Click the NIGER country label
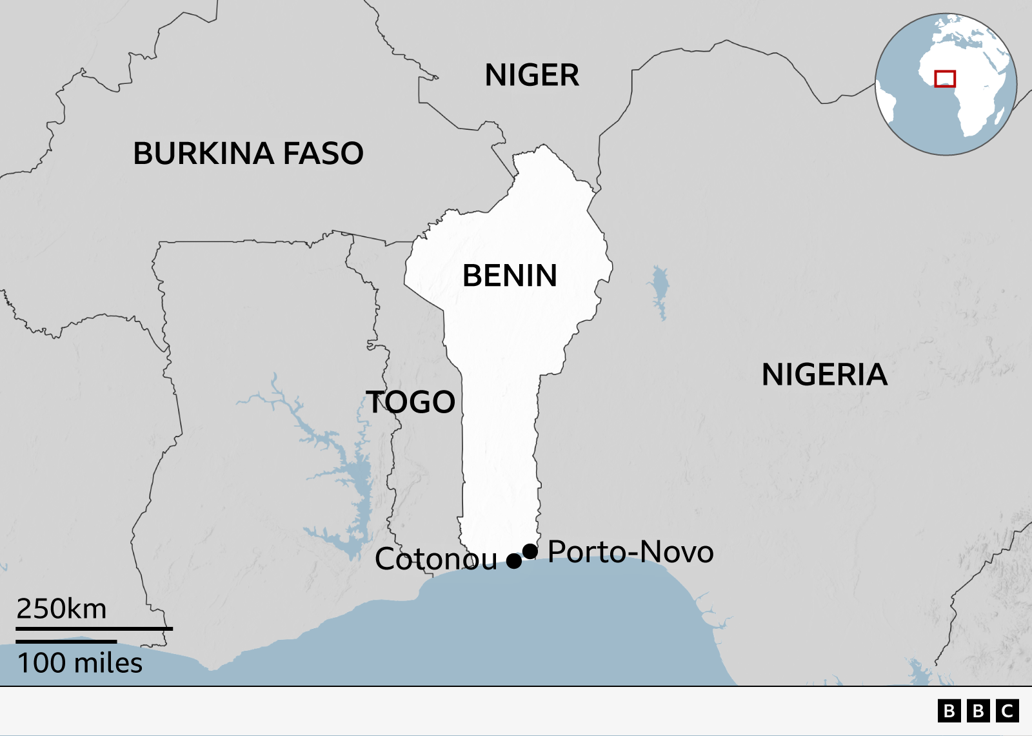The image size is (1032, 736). pyautogui.click(x=531, y=76)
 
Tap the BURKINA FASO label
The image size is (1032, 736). pyautogui.click(x=248, y=154)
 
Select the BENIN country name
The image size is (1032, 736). pyautogui.click(x=510, y=276)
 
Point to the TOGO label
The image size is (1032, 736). pyautogui.click(x=411, y=402)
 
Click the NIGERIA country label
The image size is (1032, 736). pyautogui.click(x=824, y=375)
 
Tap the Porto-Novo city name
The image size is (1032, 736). pyautogui.click(x=630, y=552)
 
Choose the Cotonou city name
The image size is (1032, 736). pyautogui.click(x=436, y=559)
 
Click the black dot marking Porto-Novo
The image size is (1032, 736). pyautogui.click(x=530, y=551)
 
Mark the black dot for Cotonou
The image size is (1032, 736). pyautogui.click(x=514, y=561)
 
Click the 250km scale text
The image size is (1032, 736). pyautogui.click(x=61, y=609)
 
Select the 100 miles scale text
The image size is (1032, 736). pyautogui.click(x=79, y=663)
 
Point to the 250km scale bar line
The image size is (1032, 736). pyautogui.click(x=94, y=628)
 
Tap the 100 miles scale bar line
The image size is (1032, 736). pyautogui.click(x=66, y=642)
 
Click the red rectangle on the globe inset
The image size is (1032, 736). pyautogui.click(x=945, y=79)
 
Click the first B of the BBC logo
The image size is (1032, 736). pyautogui.click(x=949, y=711)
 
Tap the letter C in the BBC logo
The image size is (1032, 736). pyautogui.click(x=1007, y=711)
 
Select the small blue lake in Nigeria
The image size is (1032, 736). pyautogui.click(x=659, y=291)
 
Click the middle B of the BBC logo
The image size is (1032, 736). pyautogui.click(x=978, y=711)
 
